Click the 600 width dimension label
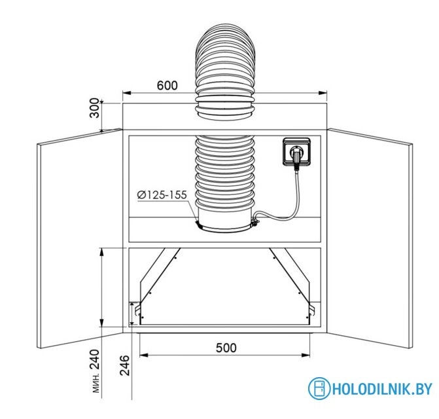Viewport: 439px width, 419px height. (x=167, y=85)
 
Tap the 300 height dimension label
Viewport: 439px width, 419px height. (x=94, y=108)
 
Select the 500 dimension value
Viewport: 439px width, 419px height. (x=226, y=348)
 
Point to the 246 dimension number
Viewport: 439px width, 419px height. (x=125, y=365)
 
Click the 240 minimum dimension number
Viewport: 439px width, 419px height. (x=94, y=359)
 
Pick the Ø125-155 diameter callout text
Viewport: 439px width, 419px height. (x=162, y=194)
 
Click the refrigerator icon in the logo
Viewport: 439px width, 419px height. (x=319, y=388)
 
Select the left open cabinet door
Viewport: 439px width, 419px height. (x=80, y=238)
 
